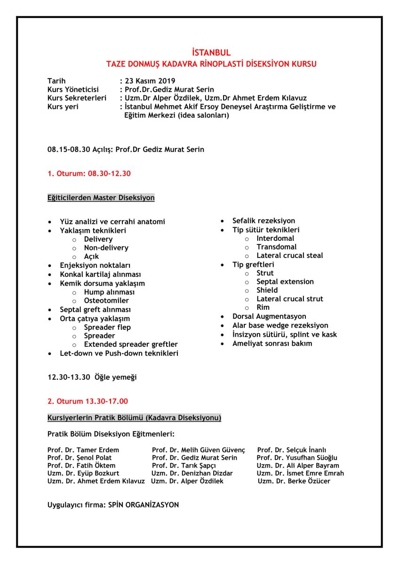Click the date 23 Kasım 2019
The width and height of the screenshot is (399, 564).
(x=150, y=81)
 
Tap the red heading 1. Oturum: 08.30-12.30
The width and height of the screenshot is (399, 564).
(x=89, y=174)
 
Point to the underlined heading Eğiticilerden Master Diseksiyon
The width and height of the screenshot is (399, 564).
(x=101, y=198)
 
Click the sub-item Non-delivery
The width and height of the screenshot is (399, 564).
(x=106, y=248)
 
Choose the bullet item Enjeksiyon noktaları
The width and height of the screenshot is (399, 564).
(x=95, y=266)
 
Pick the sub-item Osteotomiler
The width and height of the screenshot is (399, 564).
(x=106, y=301)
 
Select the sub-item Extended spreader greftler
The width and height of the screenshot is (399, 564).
(x=131, y=345)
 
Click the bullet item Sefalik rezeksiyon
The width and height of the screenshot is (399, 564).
(x=263, y=221)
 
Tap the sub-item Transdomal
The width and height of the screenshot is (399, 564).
(x=276, y=247)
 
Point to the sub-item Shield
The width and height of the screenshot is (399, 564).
(x=267, y=290)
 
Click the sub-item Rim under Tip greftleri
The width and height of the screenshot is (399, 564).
(x=263, y=307)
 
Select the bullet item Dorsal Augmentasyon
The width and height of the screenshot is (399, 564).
(x=269, y=317)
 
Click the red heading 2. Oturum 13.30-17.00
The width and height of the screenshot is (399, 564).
(x=88, y=401)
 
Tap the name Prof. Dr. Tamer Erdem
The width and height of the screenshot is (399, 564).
(x=83, y=450)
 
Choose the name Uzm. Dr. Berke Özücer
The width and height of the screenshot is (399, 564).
(x=294, y=481)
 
